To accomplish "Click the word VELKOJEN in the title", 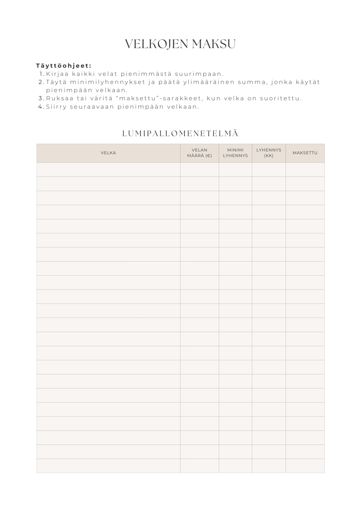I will pos(157,44).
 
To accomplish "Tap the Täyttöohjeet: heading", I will pos(64,65).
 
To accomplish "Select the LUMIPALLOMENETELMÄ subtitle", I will pos(180,134).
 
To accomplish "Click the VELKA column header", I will pos(108,153).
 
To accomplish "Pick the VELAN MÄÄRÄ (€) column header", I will pos(199,153).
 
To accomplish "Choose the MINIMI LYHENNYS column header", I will pos(235,153).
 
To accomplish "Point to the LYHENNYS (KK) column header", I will pos(269,153).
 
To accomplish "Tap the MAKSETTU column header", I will pos(305,153).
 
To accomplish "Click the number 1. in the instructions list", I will pos(42,74).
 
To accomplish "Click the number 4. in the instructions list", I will pos(41,107).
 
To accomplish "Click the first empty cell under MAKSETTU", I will pos(305,170).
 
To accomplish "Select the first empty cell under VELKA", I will pos(108,170).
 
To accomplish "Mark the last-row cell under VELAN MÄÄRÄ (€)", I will pos(199,466).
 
